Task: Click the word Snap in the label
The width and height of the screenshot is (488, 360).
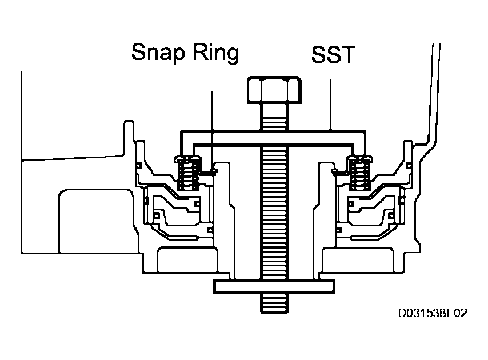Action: click(158, 53)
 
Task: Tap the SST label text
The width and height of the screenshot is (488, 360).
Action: click(333, 55)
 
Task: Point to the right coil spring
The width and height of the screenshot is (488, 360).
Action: click(360, 173)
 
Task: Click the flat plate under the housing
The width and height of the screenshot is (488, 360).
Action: click(274, 285)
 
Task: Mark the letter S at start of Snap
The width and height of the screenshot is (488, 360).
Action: click(140, 53)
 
